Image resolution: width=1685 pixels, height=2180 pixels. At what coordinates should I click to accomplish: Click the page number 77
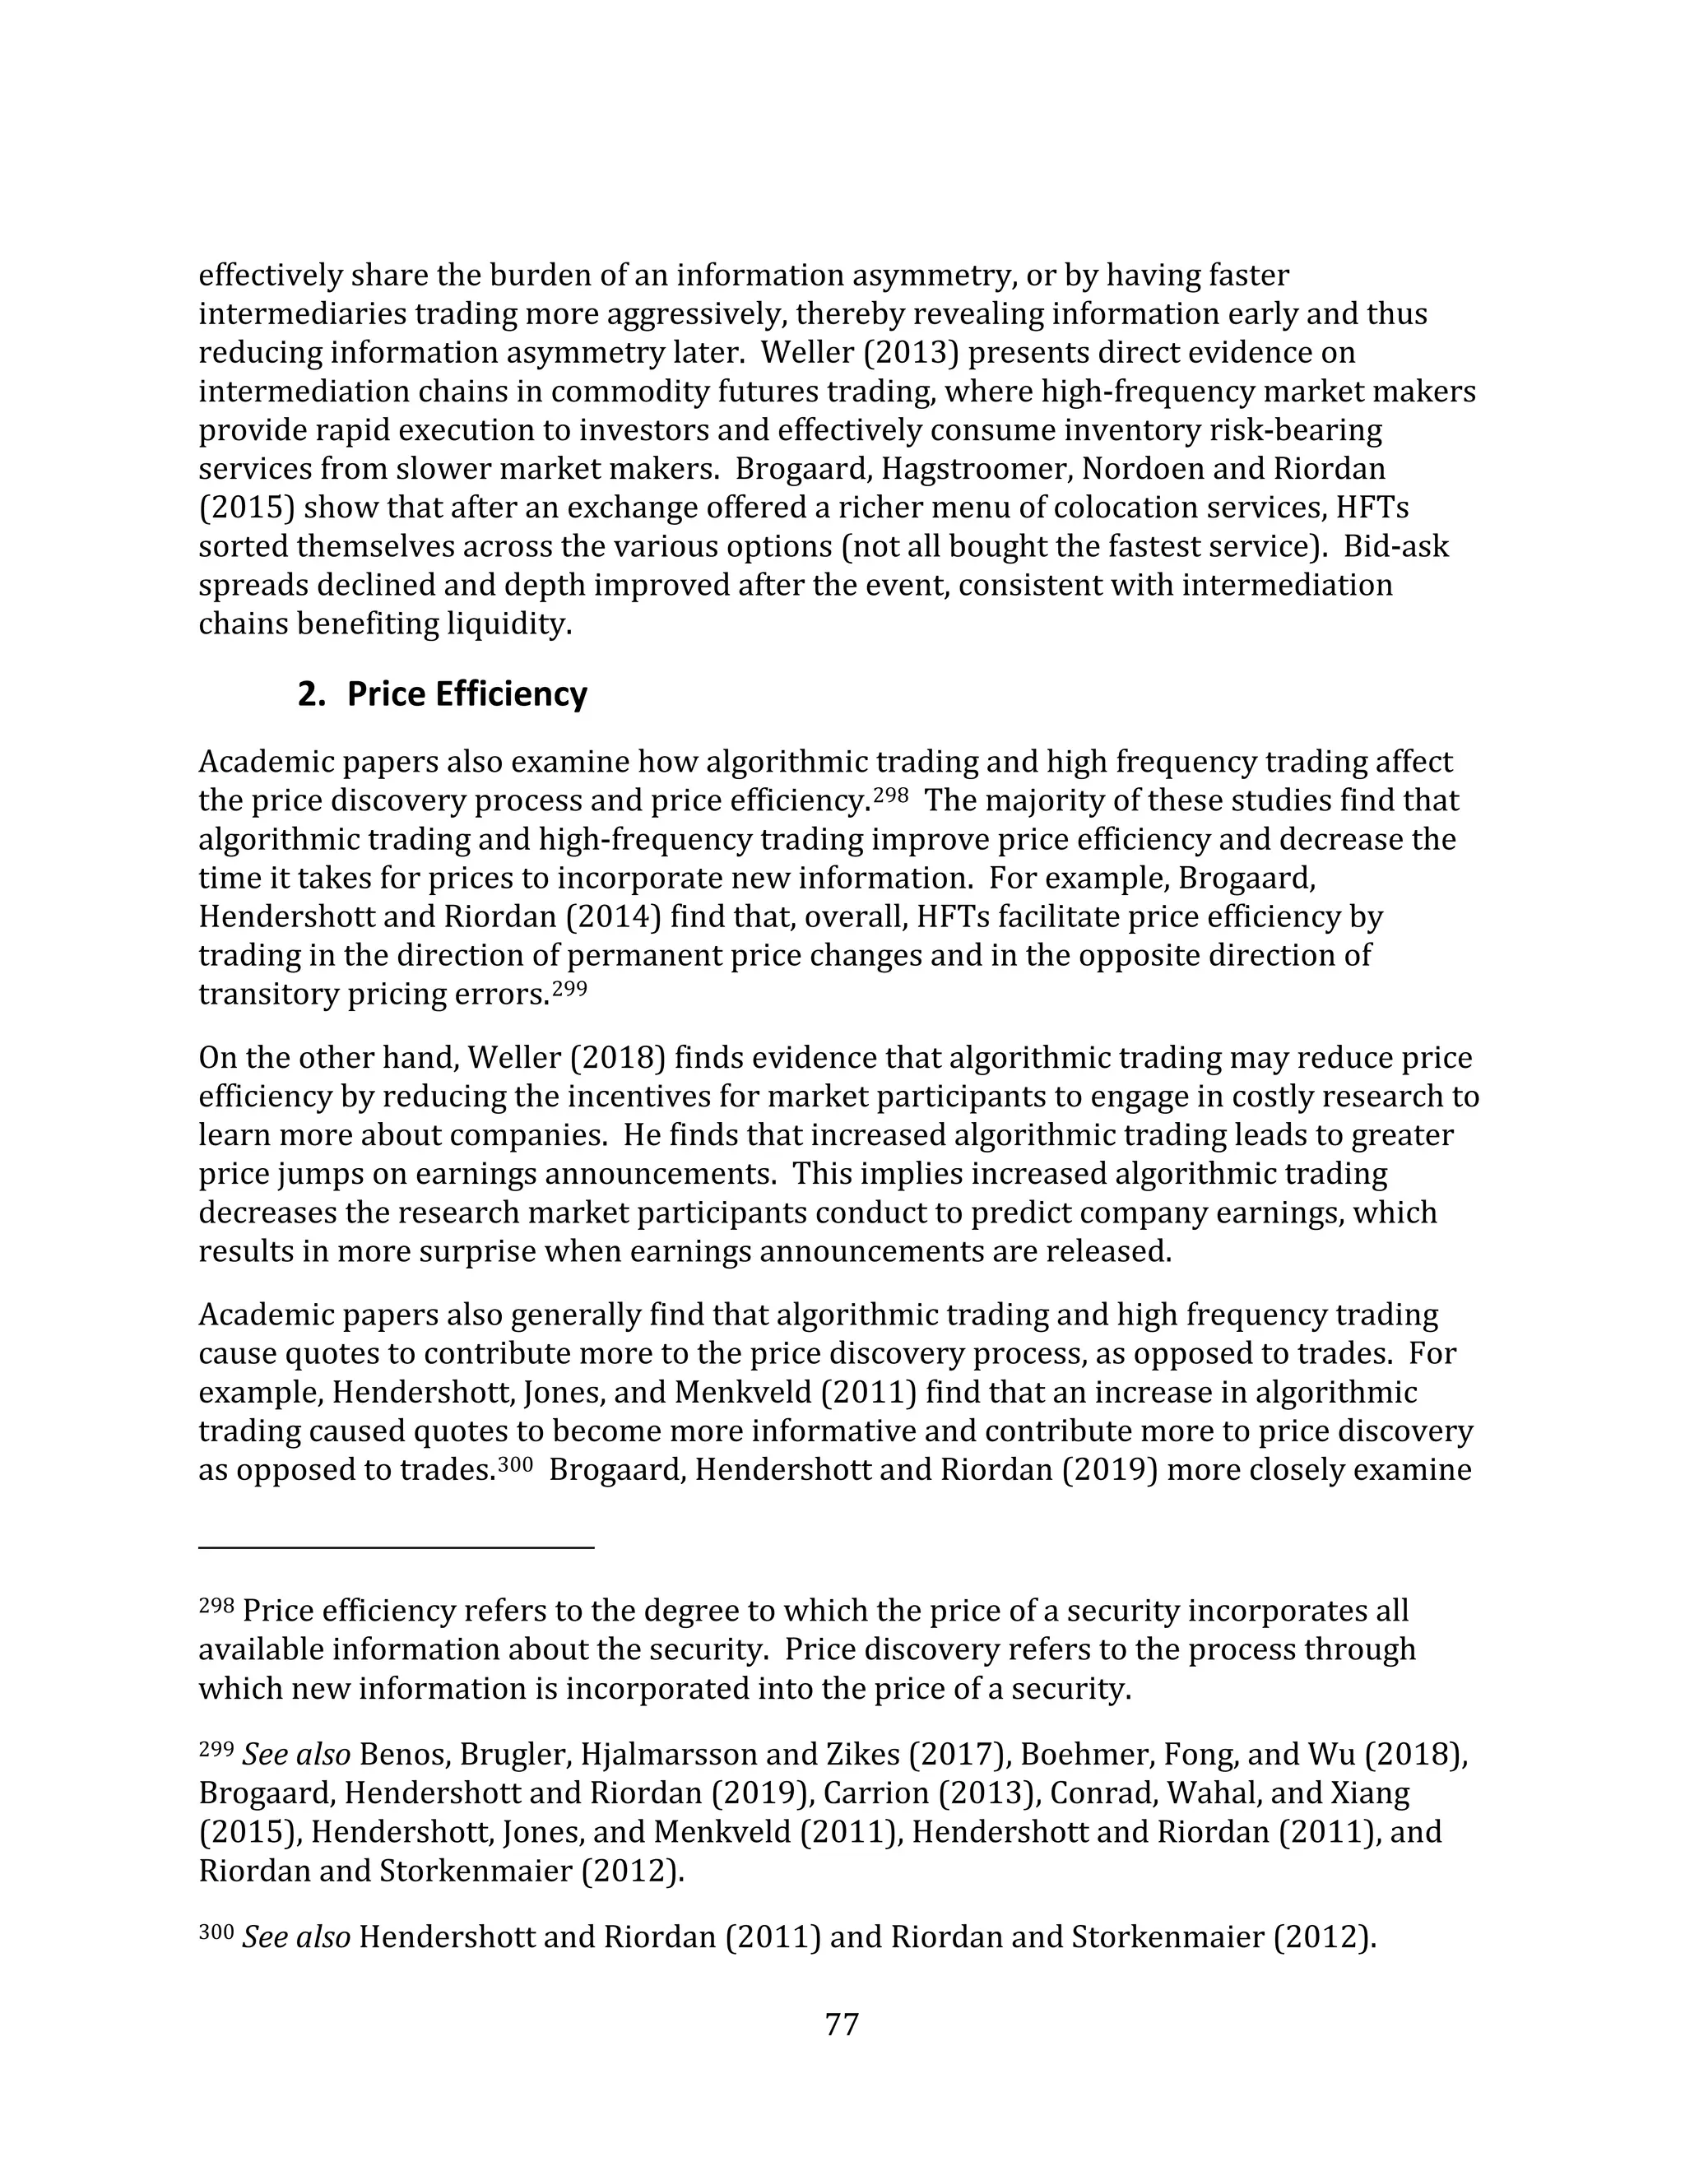point(842,2025)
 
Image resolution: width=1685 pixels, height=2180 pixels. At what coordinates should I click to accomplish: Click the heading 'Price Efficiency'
point(467,693)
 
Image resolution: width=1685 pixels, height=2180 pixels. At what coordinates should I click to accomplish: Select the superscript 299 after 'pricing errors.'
point(570,988)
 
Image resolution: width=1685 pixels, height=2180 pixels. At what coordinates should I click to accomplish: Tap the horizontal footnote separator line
point(397,1548)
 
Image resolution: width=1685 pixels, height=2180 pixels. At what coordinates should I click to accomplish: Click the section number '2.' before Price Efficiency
point(312,693)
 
